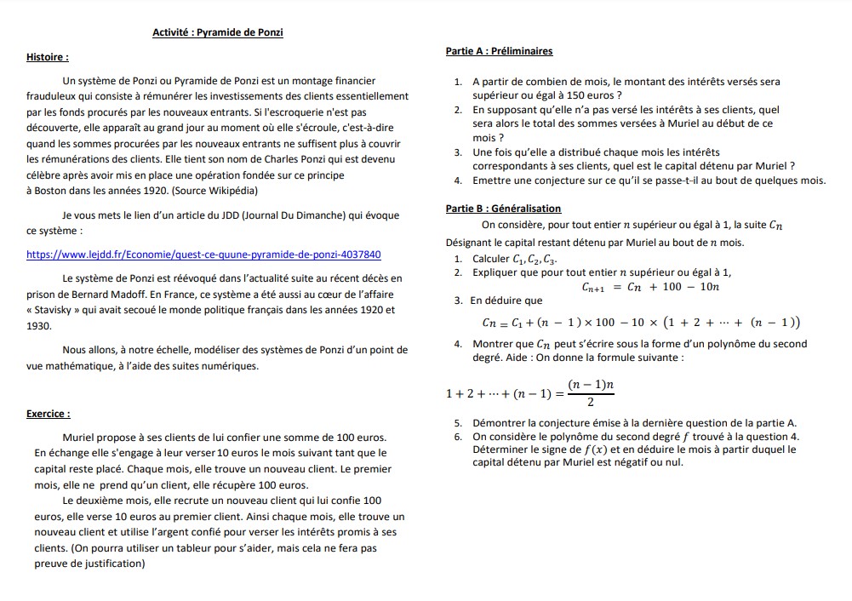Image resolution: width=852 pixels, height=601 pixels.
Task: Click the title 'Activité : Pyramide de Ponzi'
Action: pyautogui.click(x=217, y=33)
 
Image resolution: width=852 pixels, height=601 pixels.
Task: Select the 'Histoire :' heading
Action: pyautogui.click(x=48, y=58)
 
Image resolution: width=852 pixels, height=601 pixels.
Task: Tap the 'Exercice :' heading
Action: pyautogui.click(x=49, y=414)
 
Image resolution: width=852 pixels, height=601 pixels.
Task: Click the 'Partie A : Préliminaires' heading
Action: pyautogui.click(x=499, y=51)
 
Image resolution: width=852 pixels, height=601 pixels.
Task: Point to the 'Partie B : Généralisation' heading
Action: pyautogui.click(x=503, y=209)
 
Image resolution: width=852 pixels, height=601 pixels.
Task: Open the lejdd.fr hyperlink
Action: pyautogui.click(x=204, y=255)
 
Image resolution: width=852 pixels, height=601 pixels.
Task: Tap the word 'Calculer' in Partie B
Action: pyautogui.click(x=490, y=259)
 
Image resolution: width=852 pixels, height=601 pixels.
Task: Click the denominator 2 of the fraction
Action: pyautogui.click(x=591, y=403)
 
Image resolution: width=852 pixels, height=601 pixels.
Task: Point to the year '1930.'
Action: pyautogui.click(x=39, y=326)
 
